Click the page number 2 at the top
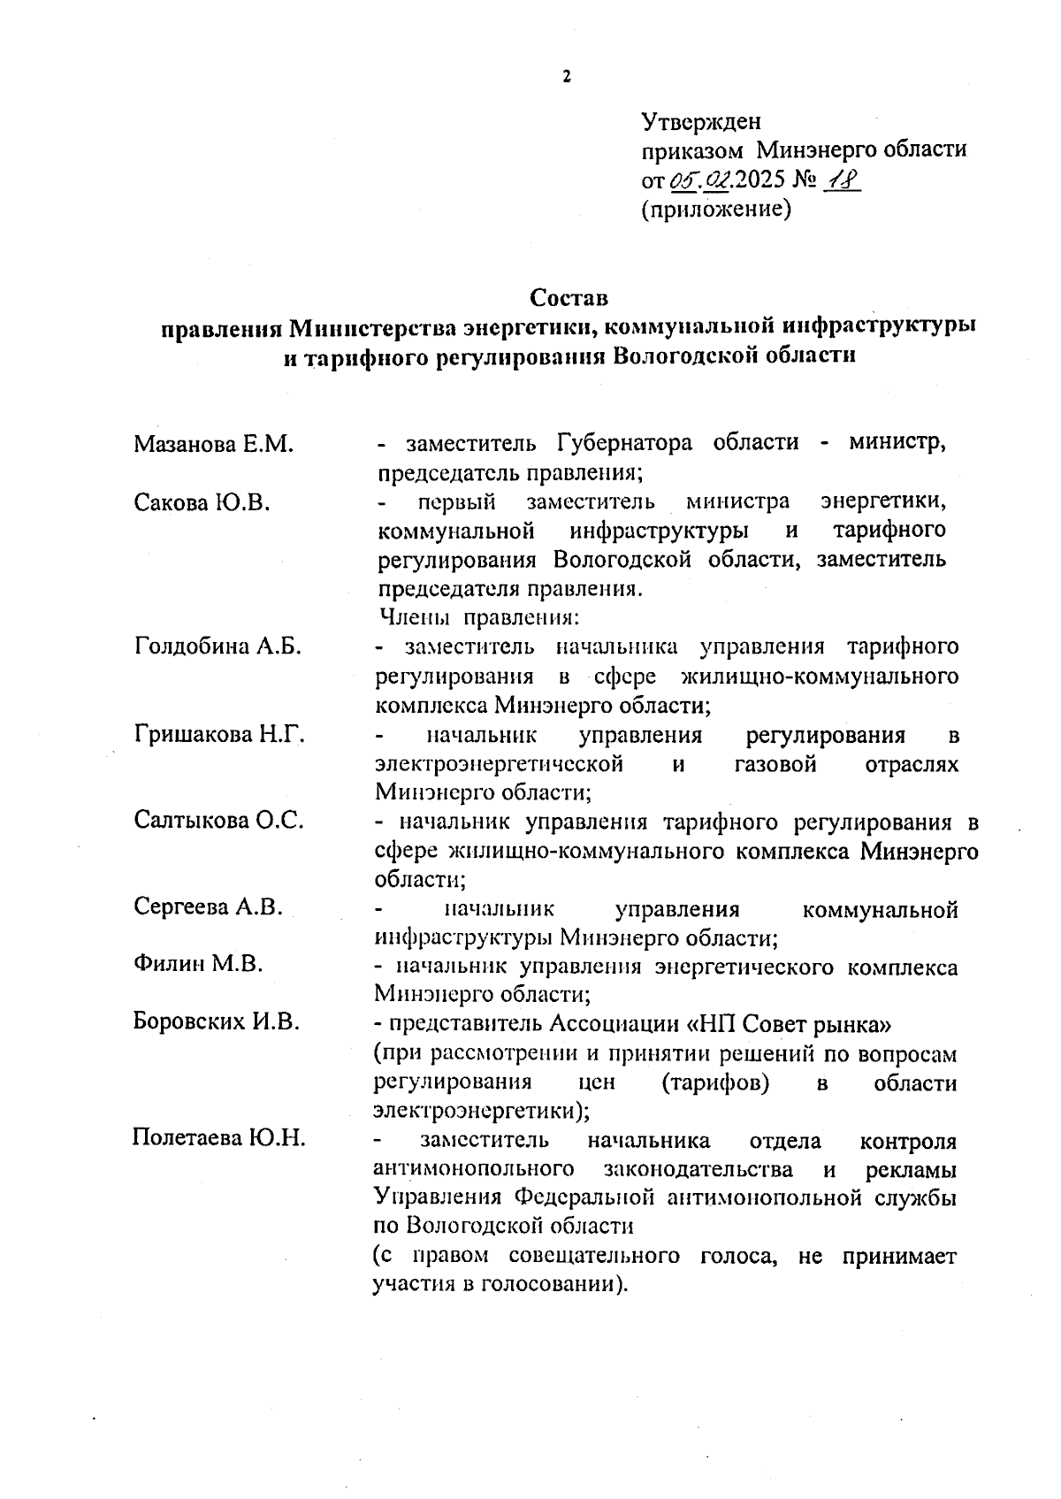[567, 76]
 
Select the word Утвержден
[700, 121]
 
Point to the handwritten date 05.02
[699, 180]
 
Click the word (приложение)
[714, 210]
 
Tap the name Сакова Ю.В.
[202, 502]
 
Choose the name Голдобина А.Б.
[218, 646]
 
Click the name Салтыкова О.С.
[219, 821]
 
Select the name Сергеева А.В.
[209, 906]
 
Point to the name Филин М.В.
[199, 964]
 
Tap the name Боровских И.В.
[217, 1022]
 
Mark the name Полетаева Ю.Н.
[219, 1137]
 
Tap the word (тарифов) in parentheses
[714, 1082]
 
